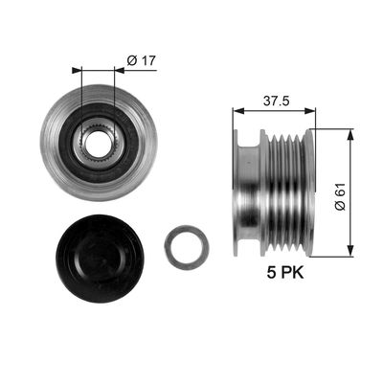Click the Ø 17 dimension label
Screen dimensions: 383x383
142,60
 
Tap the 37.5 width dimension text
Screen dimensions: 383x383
277,101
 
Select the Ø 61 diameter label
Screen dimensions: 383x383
340,196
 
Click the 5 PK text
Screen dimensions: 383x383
285,273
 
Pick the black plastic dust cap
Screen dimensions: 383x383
101,259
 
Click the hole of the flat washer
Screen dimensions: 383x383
187,247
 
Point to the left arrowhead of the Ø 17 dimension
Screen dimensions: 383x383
77,70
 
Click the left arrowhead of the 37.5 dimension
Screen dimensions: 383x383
238,111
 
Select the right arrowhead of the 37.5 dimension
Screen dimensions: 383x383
310,111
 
